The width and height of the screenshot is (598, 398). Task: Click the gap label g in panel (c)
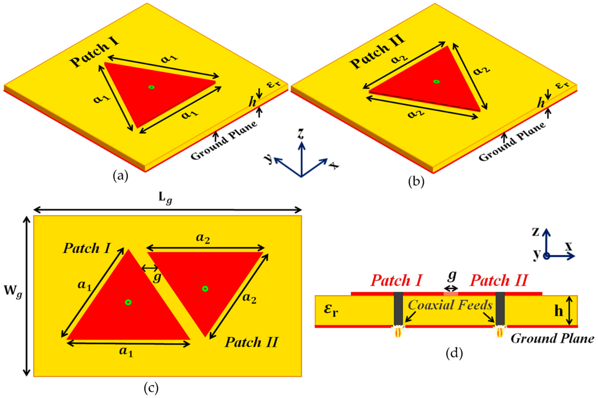point(157,277)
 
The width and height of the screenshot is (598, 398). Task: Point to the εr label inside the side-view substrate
point(331,311)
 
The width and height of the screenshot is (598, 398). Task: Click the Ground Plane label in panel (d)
point(552,339)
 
